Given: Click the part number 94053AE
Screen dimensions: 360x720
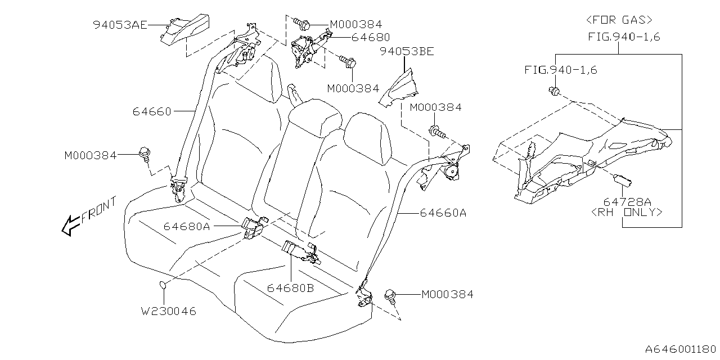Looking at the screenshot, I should [x=120, y=24].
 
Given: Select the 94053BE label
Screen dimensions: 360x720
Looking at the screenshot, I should [x=406, y=52].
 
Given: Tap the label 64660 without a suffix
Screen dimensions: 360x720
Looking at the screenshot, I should [x=152, y=111].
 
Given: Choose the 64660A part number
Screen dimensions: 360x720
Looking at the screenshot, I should [x=443, y=213].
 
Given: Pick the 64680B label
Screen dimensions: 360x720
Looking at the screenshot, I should [x=290, y=288].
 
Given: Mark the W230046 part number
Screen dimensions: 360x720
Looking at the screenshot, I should [x=169, y=311].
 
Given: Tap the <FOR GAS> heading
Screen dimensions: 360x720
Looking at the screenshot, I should [x=619, y=20].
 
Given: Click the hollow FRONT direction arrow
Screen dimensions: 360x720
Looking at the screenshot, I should [x=70, y=226].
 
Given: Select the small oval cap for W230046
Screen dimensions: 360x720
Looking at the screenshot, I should [x=163, y=285].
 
